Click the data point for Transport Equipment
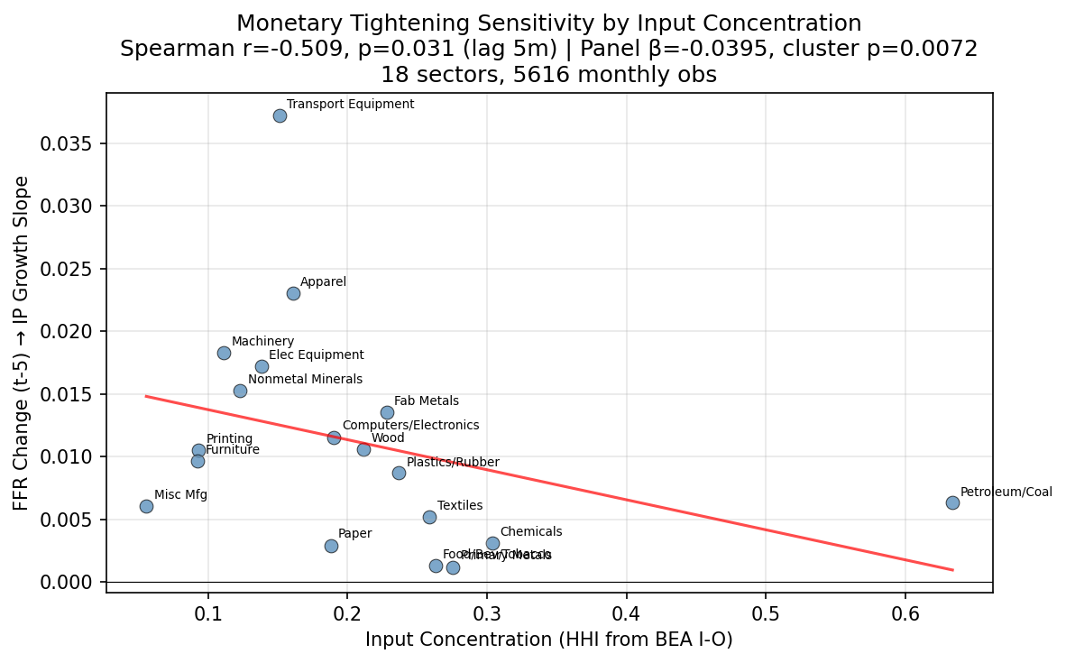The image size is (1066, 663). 280,115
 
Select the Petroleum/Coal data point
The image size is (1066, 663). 952,502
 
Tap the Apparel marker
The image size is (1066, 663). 293,293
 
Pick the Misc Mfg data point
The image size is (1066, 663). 146,506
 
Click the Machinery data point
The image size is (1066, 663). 224,353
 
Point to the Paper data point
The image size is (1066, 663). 331,546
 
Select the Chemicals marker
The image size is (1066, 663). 492,543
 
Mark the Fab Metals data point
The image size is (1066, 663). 387,412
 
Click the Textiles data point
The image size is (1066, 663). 429,517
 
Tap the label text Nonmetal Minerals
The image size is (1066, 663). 305,380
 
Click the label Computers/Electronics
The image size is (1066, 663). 410,425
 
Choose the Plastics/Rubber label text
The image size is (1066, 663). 453,462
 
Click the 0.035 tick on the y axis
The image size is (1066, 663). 67,143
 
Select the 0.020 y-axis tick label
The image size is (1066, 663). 67,332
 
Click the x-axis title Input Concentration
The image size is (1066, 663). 548,640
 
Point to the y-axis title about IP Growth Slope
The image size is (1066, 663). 23,343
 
